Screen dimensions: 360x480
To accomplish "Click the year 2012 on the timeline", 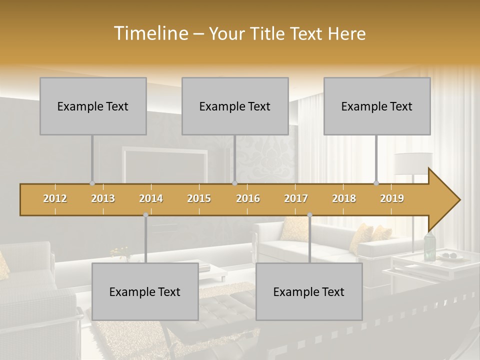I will coord(55,198).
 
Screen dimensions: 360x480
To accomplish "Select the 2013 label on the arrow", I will coord(103,198).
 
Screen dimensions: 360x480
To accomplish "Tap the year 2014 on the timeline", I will coord(151,198).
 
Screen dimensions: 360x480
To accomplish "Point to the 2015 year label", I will coord(199,198).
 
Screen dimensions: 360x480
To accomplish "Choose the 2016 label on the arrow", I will coord(248,198).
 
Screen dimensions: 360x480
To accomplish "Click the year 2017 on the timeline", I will coord(296,198).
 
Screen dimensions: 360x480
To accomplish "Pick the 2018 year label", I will coord(344,198).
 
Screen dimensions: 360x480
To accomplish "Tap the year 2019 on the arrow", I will coord(392,198).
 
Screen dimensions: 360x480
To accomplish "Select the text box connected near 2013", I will coord(93,106).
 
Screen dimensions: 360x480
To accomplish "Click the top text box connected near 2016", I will coord(235,106).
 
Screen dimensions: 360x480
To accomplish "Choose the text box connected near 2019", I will coord(377,106).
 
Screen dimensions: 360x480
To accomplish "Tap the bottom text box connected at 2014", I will coord(145,291).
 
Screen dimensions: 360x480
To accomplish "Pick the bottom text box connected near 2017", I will coord(309,291).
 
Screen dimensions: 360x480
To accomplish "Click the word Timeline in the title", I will coord(150,33).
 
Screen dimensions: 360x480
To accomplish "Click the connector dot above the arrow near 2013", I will coord(92,183).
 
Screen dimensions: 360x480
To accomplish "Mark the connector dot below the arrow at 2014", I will coord(145,215).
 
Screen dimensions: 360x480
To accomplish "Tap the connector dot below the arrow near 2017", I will coord(309,215).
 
